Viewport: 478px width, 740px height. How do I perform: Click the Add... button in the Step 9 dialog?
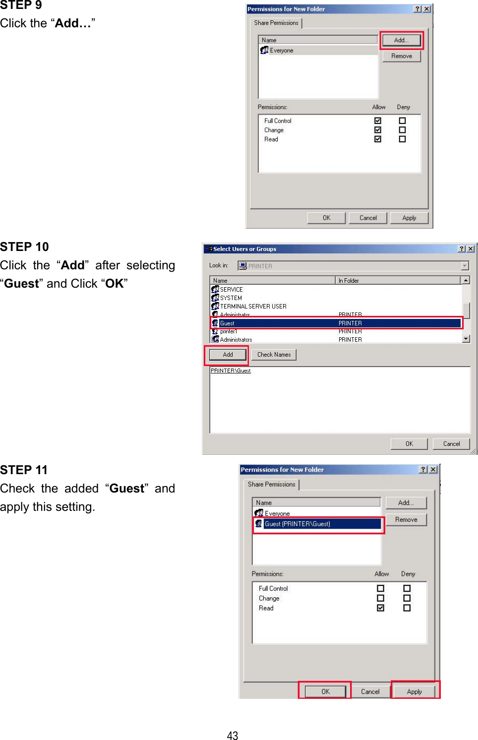(x=401, y=40)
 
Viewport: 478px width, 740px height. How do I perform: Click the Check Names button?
(x=274, y=355)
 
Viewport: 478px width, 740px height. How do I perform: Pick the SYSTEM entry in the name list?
(x=231, y=298)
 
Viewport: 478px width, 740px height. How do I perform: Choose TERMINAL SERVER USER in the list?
(x=253, y=307)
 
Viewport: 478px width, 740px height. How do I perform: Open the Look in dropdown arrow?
(x=465, y=266)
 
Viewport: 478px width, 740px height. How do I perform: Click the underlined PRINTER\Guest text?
(x=231, y=370)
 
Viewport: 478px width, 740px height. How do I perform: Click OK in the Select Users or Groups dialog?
(x=409, y=444)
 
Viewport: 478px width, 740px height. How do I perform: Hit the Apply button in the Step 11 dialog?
(x=415, y=691)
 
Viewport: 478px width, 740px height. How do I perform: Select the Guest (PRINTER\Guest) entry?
(x=298, y=524)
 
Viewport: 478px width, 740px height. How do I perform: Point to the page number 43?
(x=233, y=736)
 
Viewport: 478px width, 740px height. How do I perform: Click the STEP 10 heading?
(x=24, y=247)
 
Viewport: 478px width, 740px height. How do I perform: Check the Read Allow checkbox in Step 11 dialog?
(x=381, y=608)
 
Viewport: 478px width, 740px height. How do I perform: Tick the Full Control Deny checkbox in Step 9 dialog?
(x=402, y=121)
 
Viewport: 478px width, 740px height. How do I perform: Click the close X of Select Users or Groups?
(x=471, y=249)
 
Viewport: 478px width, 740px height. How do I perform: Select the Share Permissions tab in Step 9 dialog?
(x=276, y=23)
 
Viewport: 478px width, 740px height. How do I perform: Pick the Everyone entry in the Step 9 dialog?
(x=281, y=51)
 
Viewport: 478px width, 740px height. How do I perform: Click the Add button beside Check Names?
(x=228, y=355)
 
